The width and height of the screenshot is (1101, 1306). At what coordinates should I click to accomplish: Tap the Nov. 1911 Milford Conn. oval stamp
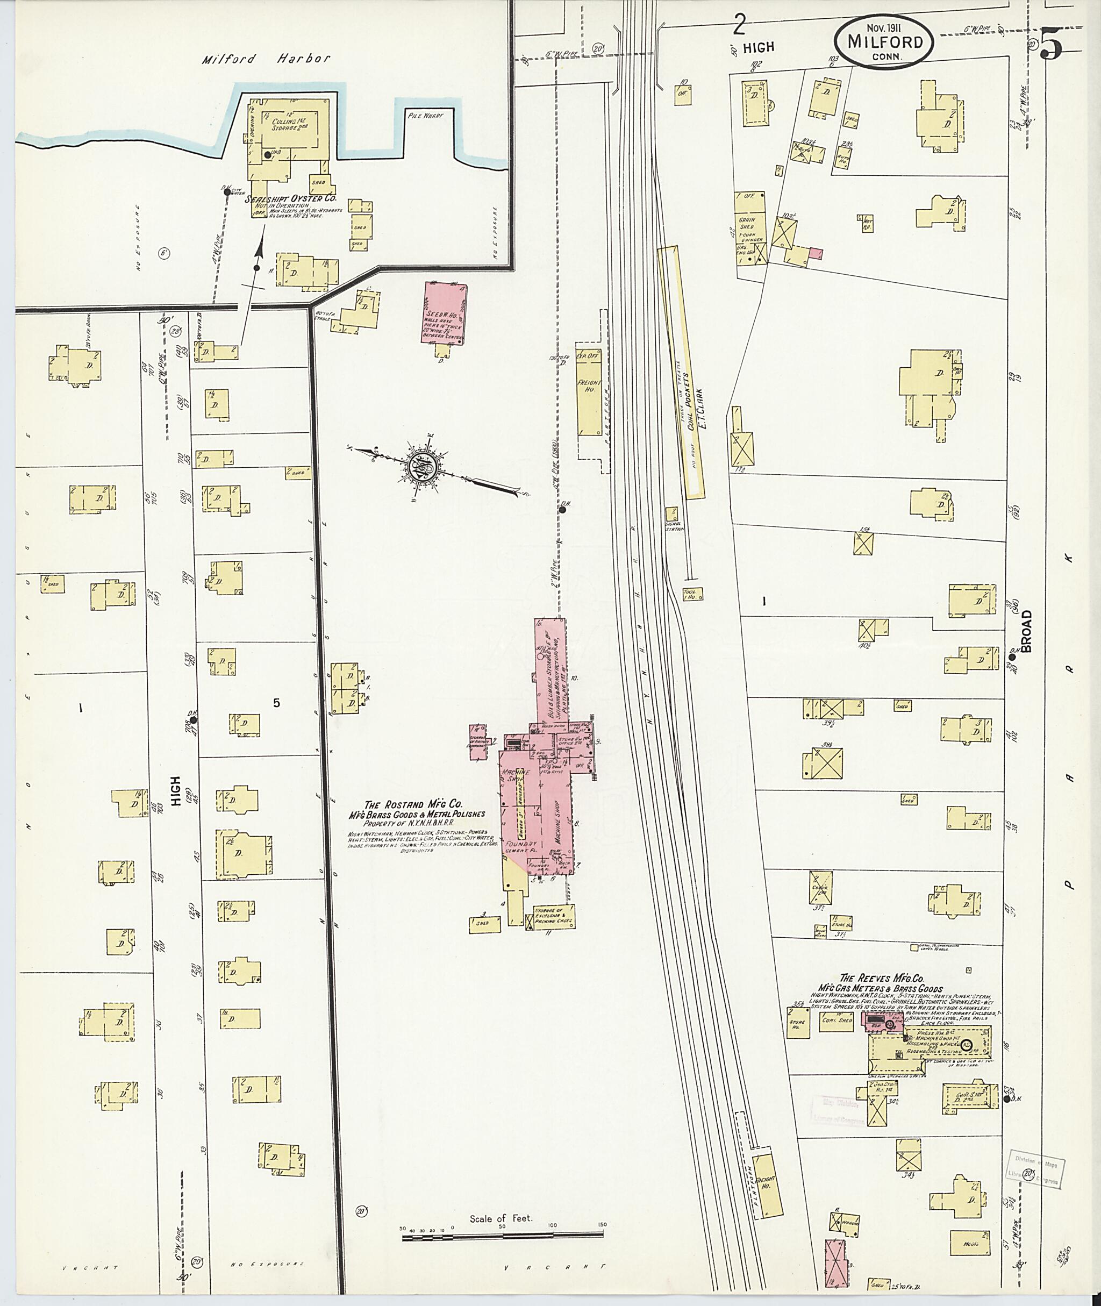tap(885, 40)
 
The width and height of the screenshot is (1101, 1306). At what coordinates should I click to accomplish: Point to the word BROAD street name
tap(1027, 631)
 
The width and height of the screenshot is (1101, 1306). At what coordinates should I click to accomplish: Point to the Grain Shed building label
tap(747, 223)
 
